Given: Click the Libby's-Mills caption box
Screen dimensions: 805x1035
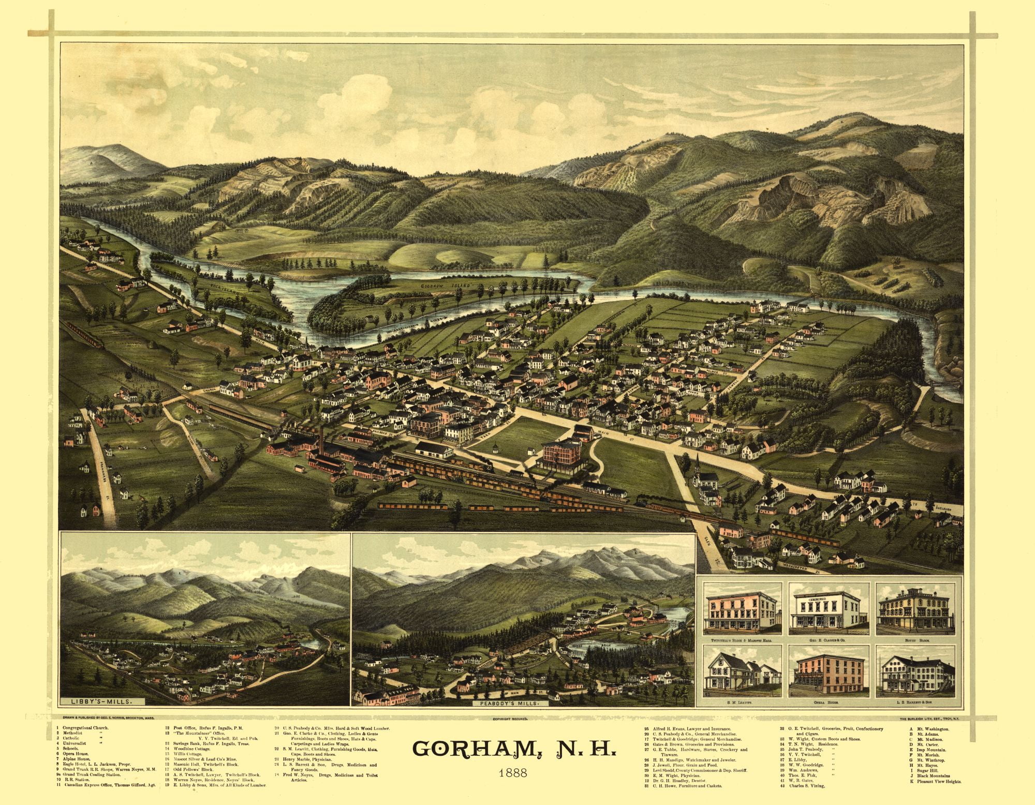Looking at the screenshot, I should [100, 702].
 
